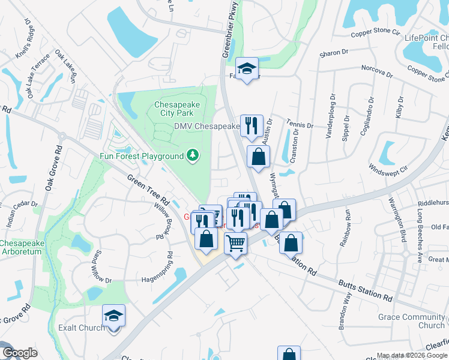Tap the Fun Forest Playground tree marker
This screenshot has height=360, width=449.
point(193,156)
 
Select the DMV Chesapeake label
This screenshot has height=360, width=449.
point(207,127)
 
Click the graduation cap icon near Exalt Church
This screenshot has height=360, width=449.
point(113,315)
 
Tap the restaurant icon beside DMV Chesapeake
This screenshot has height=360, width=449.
point(252,125)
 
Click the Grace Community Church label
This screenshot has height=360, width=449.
point(412,321)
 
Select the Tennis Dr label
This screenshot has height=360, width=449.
point(301,126)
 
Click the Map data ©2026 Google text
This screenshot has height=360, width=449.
point(411,355)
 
